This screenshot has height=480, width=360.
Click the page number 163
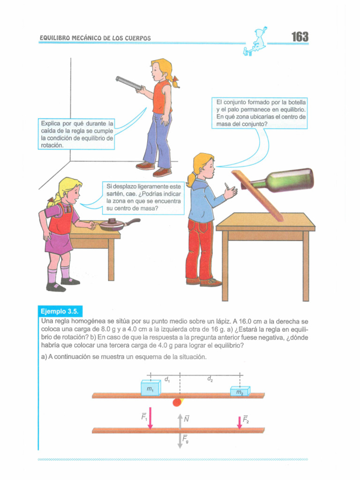[x=300, y=37]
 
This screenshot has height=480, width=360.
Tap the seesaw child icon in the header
[x=255, y=41]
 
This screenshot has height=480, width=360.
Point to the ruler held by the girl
[x=128, y=83]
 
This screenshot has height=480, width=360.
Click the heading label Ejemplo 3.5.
[x=60, y=312]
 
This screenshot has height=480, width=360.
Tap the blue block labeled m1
[x=150, y=388]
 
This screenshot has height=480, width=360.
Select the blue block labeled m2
[x=240, y=391]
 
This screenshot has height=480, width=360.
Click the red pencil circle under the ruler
[x=177, y=402]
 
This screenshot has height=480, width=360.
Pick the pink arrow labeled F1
[x=150, y=418]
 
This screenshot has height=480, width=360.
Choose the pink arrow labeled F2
[x=240, y=422]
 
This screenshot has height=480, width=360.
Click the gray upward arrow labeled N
[x=180, y=421]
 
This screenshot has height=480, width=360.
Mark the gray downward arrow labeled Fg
[x=180, y=441]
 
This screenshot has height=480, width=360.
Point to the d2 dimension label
[x=210, y=379]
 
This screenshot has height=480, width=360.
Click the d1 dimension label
[x=167, y=380]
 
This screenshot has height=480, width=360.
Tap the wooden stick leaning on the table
[x=257, y=196]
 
